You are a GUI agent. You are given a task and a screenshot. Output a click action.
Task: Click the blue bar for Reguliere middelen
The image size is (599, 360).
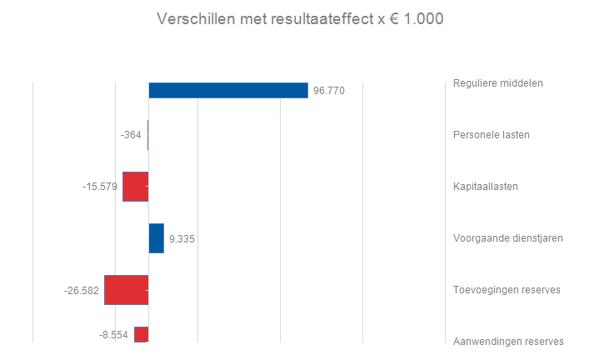227,90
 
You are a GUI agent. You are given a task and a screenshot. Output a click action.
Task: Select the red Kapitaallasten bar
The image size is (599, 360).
135,187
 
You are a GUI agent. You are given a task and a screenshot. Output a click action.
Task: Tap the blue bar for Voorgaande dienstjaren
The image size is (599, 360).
156,238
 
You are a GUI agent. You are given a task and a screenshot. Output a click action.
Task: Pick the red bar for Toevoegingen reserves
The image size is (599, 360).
126,290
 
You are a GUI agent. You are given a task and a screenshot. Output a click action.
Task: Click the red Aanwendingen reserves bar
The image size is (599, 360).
141,334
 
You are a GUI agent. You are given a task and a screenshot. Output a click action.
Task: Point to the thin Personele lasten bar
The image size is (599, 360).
147,135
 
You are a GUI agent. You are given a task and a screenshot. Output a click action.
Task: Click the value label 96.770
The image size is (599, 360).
328,91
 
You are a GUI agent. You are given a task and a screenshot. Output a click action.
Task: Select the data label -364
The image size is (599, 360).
132,135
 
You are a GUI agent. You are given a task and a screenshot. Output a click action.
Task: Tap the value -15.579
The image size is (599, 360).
100,187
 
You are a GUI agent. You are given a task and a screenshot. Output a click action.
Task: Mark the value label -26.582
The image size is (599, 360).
82,291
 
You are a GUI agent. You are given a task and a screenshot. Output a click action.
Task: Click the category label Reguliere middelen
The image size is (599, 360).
497,82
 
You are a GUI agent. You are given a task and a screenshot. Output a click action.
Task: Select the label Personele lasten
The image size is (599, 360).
491,134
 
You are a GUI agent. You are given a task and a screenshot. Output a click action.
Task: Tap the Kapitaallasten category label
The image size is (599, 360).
486,186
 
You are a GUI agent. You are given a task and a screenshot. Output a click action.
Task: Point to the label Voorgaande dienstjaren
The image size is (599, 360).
507,237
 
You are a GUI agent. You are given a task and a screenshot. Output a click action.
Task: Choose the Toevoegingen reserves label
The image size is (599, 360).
506,289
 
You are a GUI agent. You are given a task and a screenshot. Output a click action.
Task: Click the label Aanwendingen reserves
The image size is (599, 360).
508,341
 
